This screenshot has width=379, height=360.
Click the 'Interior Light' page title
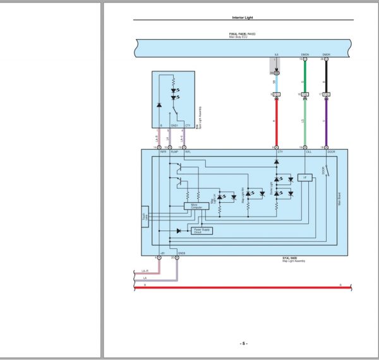243,18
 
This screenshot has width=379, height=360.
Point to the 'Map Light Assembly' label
293,261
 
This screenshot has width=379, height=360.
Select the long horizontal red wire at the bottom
240,287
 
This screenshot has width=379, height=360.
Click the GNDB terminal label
181,253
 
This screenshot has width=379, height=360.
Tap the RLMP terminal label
174,152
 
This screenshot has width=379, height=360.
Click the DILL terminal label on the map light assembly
308,152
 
